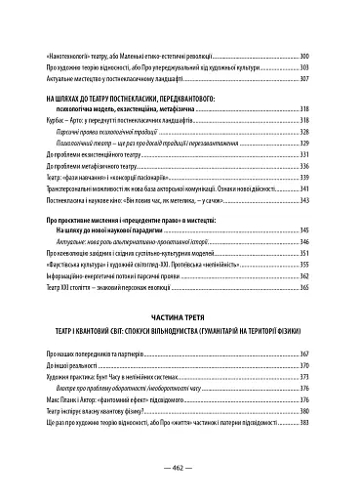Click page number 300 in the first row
click(302, 57)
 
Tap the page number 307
click(302, 78)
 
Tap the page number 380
click(302, 411)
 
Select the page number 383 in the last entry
click(302, 423)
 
